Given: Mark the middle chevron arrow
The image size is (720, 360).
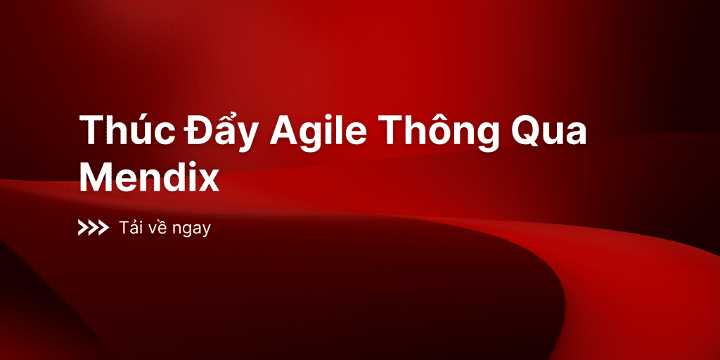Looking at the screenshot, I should (x=94, y=228).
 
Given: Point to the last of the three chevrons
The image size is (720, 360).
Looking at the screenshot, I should (x=103, y=228).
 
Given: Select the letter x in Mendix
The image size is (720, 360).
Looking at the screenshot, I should (x=207, y=181).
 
